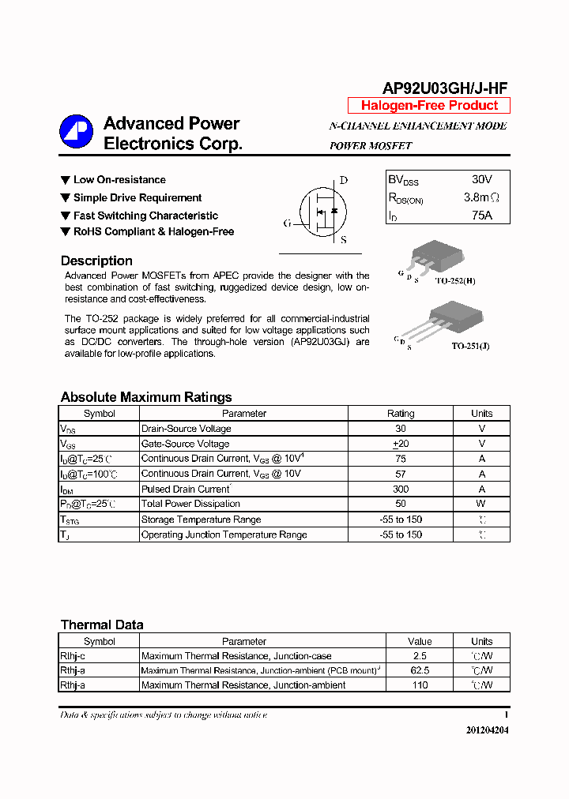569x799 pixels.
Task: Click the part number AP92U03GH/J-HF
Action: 445,90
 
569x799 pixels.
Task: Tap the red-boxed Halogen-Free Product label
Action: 429,106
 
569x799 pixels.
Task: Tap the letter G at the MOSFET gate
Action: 288,223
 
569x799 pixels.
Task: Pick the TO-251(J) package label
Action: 470,346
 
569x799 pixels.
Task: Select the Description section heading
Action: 96,261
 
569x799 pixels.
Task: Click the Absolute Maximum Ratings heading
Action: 146,397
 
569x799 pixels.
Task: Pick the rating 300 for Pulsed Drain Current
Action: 401,489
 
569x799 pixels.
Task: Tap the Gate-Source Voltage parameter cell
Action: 185,444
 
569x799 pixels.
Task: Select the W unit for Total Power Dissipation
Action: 481,504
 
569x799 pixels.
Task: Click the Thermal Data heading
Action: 102,625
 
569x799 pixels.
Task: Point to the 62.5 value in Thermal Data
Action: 420,670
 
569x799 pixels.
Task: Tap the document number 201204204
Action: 487,730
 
